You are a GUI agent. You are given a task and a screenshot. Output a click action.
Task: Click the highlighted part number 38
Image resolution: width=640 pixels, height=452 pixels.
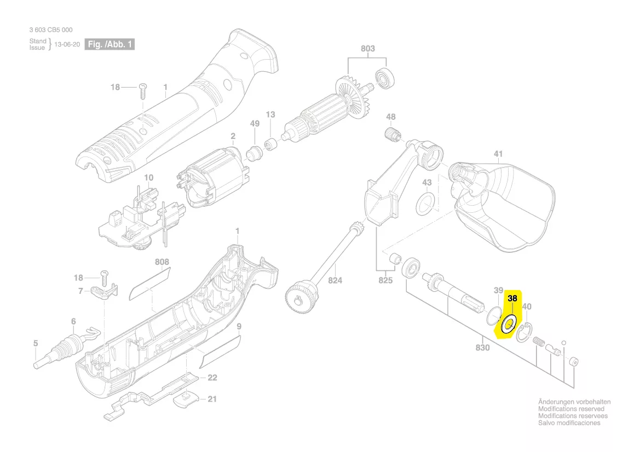(x=512, y=299)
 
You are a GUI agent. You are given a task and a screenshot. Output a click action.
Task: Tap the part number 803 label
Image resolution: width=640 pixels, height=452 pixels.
(x=368, y=49)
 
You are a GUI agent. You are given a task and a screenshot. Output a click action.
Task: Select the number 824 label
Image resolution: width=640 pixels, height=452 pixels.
(x=335, y=281)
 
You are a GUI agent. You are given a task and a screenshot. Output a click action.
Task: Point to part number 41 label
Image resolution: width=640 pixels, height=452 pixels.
(x=498, y=154)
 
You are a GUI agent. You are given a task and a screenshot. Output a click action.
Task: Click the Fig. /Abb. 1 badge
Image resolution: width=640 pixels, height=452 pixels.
(x=109, y=44)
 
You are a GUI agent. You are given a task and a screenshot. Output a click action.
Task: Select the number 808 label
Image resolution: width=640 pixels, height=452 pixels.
(x=162, y=262)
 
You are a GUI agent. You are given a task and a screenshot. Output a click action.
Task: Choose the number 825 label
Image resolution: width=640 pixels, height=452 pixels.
(x=386, y=281)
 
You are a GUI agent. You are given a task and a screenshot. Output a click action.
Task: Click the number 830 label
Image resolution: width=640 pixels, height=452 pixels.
(x=482, y=348)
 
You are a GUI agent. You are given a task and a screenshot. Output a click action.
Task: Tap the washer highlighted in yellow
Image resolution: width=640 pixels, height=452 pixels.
(x=509, y=324)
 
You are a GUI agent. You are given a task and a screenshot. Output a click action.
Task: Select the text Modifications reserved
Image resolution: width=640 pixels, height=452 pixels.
(x=571, y=409)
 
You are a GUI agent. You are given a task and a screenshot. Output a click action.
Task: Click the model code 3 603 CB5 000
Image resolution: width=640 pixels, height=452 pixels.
(x=51, y=30)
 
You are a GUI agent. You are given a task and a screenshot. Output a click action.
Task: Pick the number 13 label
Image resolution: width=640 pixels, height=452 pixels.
(x=270, y=114)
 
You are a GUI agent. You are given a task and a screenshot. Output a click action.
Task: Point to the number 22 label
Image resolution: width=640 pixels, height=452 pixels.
(x=212, y=378)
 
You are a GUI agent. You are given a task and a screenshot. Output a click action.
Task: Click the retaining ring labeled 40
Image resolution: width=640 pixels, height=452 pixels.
(x=524, y=332)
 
